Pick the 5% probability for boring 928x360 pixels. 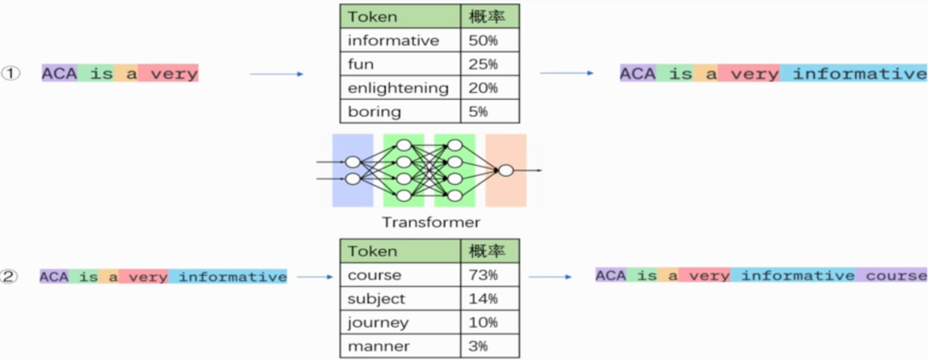click(x=479, y=112)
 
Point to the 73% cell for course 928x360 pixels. click(x=483, y=276)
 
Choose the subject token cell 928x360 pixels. click(x=373, y=299)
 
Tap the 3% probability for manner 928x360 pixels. click(x=479, y=346)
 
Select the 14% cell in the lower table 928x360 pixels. click(x=483, y=299)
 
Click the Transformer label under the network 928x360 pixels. click(x=430, y=223)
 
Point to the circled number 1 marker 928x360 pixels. click(x=10, y=74)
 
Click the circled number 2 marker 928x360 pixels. click(x=10, y=277)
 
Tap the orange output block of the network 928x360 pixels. click(x=505, y=170)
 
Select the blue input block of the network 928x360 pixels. click(x=352, y=170)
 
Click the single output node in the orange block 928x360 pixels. click(x=506, y=170)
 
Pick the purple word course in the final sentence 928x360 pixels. click(x=896, y=276)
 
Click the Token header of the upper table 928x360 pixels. click(x=372, y=17)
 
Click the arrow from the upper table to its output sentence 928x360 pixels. click(x=566, y=74)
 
